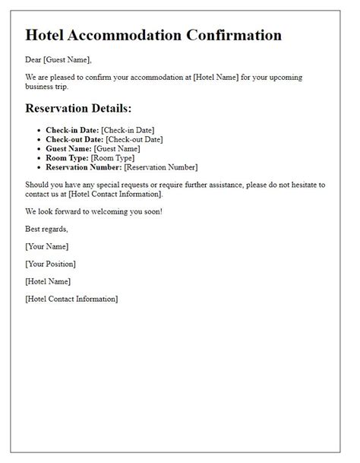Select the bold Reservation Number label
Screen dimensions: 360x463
point(84,167)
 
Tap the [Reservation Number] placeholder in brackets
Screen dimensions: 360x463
point(161,167)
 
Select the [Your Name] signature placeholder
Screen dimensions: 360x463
point(47,246)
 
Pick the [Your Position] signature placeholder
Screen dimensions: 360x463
point(51,264)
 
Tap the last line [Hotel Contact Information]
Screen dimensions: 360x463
point(71,299)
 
